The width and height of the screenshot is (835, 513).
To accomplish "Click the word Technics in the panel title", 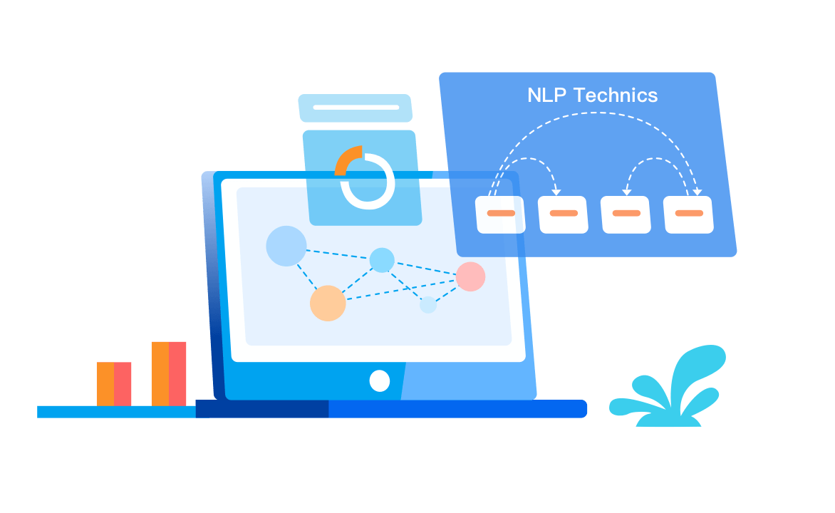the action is [x=616, y=95].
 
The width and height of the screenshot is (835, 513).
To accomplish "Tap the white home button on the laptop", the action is [x=380, y=381].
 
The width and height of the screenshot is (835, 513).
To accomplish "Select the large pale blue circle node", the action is [x=286, y=246].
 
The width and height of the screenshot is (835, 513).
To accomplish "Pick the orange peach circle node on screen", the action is [x=328, y=303].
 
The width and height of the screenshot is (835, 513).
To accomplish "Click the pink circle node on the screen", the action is [x=471, y=276].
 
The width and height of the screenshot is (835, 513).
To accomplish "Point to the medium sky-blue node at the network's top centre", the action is [x=382, y=260].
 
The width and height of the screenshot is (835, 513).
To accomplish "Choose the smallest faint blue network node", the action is [x=428, y=305].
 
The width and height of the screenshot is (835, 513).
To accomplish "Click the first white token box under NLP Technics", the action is [x=501, y=214].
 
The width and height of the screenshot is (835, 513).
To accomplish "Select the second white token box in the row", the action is [x=563, y=214].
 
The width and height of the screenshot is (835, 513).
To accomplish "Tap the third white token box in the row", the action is [x=626, y=214].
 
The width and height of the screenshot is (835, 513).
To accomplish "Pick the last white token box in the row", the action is [x=688, y=214].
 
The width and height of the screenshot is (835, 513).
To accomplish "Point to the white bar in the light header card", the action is [x=356, y=107].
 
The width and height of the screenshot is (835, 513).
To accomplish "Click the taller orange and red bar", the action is [x=169, y=374].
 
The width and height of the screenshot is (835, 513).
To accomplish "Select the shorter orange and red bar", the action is [x=114, y=384].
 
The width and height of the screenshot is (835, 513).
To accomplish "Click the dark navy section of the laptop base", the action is [x=262, y=409].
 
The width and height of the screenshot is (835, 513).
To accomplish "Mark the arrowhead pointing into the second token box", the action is [x=556, y=192].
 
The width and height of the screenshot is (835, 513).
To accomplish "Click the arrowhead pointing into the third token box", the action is [x=627, y=192].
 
